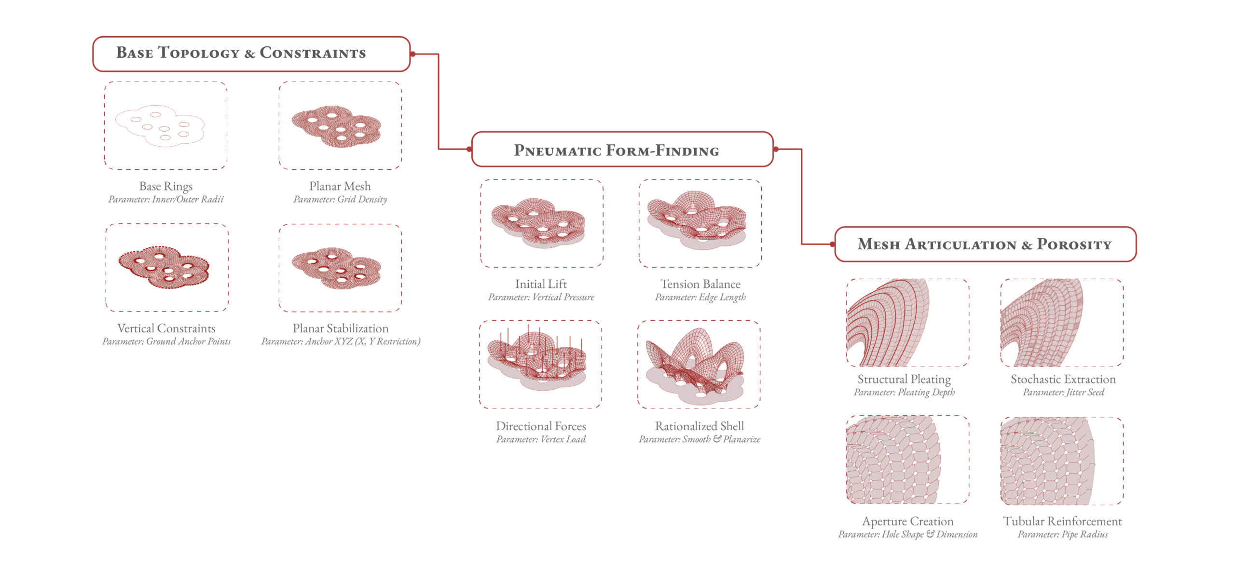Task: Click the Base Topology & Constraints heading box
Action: pyautogui.click(x=251, y=54)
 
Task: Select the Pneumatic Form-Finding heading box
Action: pyautogui.click(x=622, y=150)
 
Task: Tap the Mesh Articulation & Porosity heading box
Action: pyautogui.click(x=985, y=244)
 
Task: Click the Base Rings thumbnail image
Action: pyautogui.click(x=166, y=125)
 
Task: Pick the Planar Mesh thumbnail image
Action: pyautogui.click(x=340, y=125)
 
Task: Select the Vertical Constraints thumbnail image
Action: pyautogui.click(x=166, y=268)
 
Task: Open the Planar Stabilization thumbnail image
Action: pyautogui.click(x=340, y=268)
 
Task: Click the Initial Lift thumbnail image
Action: pyautogui.click(x=541, y=223)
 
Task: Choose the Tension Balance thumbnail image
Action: pyautogui.click(x=700, y=223)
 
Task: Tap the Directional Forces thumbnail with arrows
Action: pyautogui.click(x=540, y=364)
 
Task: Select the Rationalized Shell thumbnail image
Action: pyautogui.click(x=699, y=364)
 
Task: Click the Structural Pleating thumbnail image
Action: pyautogui.click(x=907, y=323)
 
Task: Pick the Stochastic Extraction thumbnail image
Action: pyautogui.click(x=1062, y=323)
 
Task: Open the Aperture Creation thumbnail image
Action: pyautogui.click(x=907, y=460)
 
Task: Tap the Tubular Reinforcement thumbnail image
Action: pyautogui.click(x=1062, y=461)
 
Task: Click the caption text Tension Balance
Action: pyautogui.click(x=700, y=284)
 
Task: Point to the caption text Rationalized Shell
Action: pyautogui.click(x=700, y=426)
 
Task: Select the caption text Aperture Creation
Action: pyautogui.click(x=908, y=521)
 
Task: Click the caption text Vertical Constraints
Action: pyautogui.click(x=166, y=328)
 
